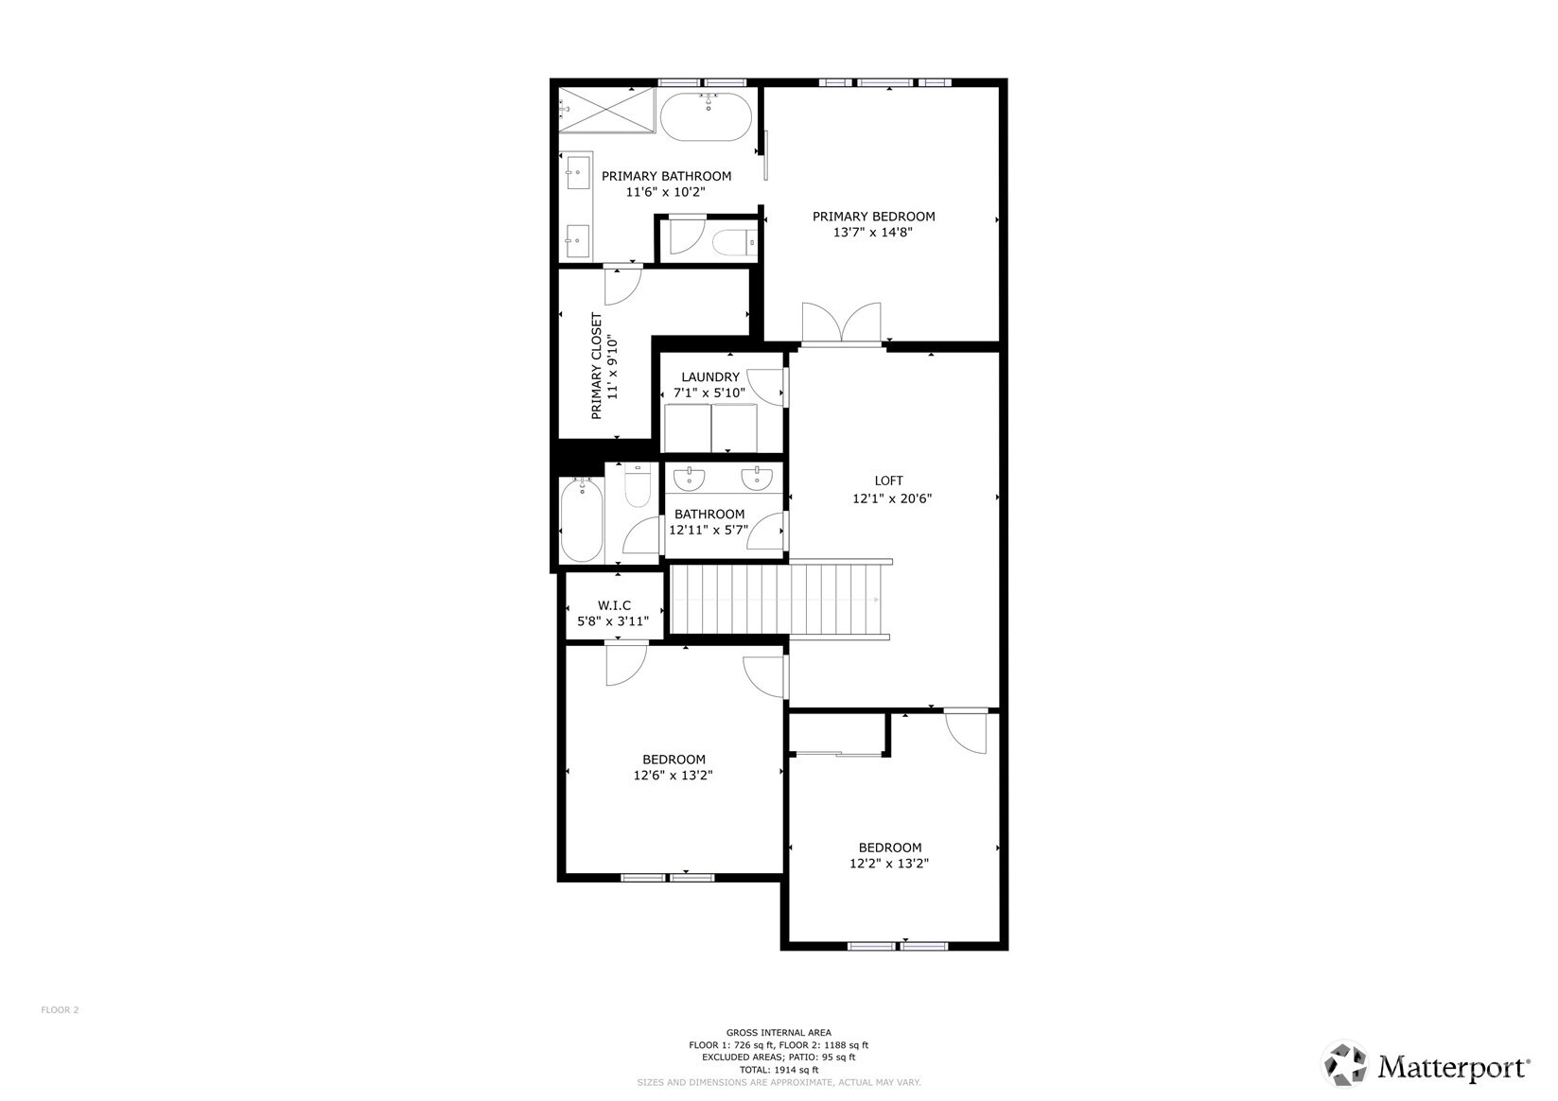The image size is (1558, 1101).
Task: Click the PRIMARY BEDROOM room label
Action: point(873,217)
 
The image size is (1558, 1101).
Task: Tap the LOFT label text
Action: point(889,481)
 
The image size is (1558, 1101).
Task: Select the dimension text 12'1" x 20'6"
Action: point(892,498)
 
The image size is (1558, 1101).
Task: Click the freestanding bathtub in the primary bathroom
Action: point(706,117)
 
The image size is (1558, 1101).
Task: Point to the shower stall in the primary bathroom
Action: point(607,110)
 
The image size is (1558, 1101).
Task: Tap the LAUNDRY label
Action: point(710,377)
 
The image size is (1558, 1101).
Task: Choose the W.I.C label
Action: point(614,605)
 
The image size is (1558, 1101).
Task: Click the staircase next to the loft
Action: point(776,600)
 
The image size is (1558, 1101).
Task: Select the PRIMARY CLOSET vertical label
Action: point(596,366)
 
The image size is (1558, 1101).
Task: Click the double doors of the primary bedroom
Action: point(842,323)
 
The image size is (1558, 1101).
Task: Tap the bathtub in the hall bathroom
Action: point(582,519)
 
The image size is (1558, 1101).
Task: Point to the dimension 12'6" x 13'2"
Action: point(673,775)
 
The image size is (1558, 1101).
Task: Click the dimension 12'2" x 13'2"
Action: point(889,864)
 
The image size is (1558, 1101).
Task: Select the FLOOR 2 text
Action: point(60,1010)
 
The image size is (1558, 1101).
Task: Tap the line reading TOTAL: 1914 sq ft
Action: point(779,1070)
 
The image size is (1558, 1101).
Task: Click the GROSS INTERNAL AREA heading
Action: point(779,1033)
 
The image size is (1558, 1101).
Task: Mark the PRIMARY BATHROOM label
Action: point(666,176)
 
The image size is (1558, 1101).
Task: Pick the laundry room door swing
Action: point(769,388)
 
